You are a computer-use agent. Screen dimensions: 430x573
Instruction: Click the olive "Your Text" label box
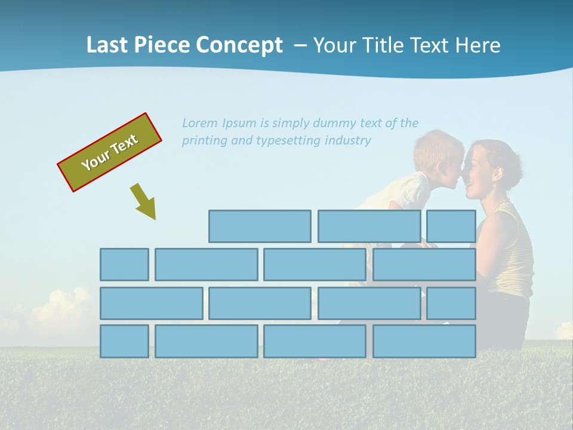pos(110,152)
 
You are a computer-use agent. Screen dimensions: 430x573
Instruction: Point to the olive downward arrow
pos(144,201)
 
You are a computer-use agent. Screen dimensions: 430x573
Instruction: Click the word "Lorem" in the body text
pos(200,123)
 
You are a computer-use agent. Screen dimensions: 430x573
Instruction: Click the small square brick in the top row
pos(451,226)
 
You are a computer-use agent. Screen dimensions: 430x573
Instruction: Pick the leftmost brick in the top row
pos(260,226)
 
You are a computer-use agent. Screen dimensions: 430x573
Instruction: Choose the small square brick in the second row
pos(124,265)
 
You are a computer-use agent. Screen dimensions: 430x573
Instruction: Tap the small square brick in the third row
pos(451,303)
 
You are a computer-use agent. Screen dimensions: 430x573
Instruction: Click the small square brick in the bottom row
pos(124,342)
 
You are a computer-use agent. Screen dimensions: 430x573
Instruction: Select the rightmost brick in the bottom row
pos(424,342)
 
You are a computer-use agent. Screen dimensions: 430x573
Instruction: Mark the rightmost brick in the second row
pos(424,265)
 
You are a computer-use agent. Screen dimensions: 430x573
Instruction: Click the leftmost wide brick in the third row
pos(151,303)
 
